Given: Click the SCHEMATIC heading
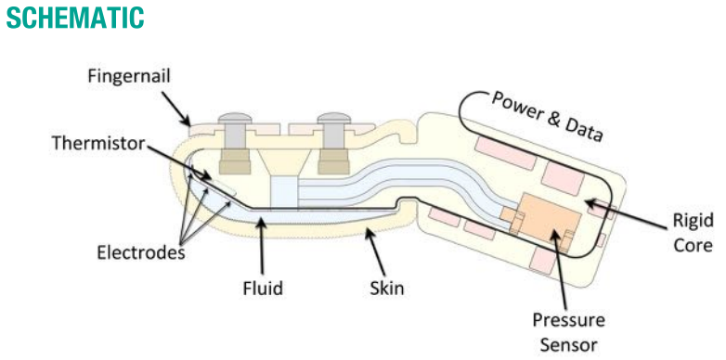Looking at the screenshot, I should [75, 17].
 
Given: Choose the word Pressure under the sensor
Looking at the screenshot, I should [568, 320].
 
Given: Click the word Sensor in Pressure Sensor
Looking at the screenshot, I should [568, 344].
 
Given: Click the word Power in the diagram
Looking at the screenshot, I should [516, 105].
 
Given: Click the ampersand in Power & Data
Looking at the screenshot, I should [555, 118].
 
